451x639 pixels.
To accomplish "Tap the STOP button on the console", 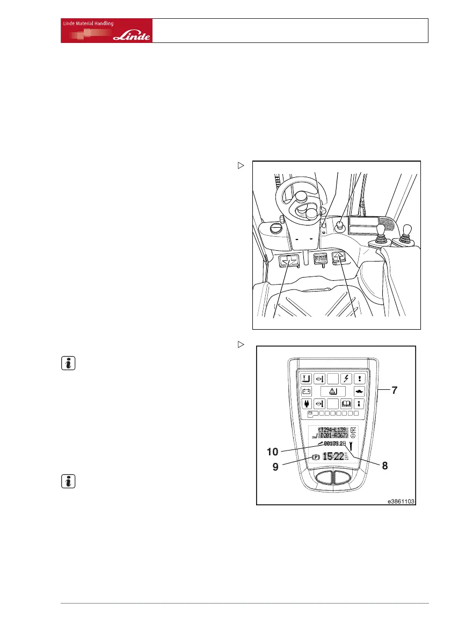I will tap(321, 258).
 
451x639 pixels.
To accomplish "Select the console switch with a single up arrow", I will tap(339, 259).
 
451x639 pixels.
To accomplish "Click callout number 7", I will tap(394, 390).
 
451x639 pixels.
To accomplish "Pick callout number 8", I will tap(385, 466).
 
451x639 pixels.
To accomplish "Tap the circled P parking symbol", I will tap(316, 458).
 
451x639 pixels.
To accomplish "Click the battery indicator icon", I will tap(307, 391).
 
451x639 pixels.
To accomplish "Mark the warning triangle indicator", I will tap(334, 391).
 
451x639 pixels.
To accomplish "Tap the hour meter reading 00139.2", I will tap(334, 444).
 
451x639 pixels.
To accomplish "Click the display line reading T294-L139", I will tap(333, 429).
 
